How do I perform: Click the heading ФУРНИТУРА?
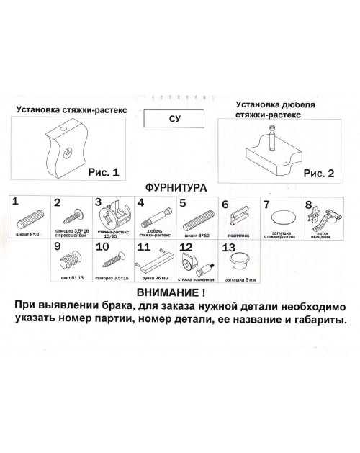pos(176,188)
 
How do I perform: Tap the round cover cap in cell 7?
pos(278,219)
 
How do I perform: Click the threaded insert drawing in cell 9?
pos(72,262)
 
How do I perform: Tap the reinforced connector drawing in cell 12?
pos(197,263)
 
